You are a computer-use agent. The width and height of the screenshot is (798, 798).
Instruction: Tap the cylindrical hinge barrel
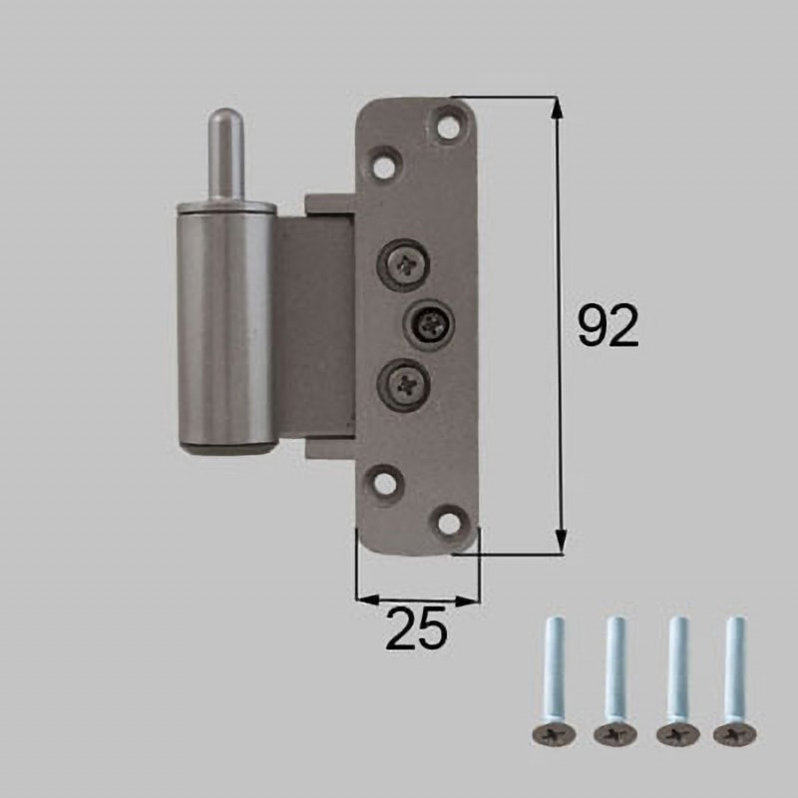tap(224, 329)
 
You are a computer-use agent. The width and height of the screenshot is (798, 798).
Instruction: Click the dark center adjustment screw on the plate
tap(431, 320)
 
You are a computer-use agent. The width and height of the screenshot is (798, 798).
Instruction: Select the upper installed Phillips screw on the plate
tap(405, 262)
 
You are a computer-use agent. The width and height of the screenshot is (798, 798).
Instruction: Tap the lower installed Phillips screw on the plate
tap(405, 380)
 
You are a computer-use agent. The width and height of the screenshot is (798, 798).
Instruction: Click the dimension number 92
tap(607, 327)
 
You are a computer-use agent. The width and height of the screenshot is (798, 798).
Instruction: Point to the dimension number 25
tap(416, 630)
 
